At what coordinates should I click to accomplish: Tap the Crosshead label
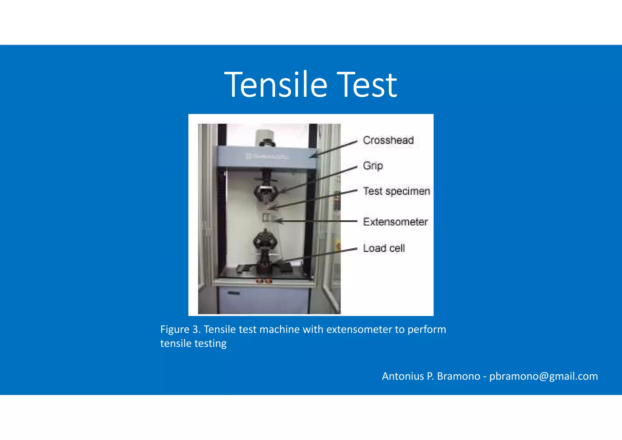click(x=388, y=140)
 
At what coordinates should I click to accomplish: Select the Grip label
click(x=373, y=166)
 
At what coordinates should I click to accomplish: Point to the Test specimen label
click(x=396, y=191)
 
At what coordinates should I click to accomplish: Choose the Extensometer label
click(x=395, y=222)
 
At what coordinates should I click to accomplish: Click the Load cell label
click(x=384, y=248)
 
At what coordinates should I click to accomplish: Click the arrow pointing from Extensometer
click(x=316, y=221)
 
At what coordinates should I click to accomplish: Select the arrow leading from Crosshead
click(x=334, y=149)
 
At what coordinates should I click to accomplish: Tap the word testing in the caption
click(x=210, y=343)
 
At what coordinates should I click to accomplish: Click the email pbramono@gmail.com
click(x=543, y=376)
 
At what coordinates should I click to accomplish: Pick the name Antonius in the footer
click(x=403, y=376)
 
